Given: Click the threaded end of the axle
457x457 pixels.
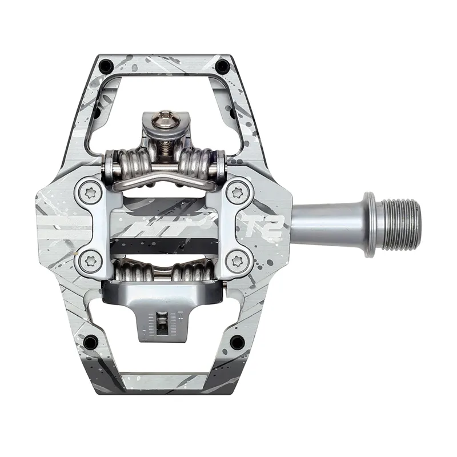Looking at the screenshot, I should coord(403,215).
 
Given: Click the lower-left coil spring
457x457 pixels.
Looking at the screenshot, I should coord(135,271).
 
